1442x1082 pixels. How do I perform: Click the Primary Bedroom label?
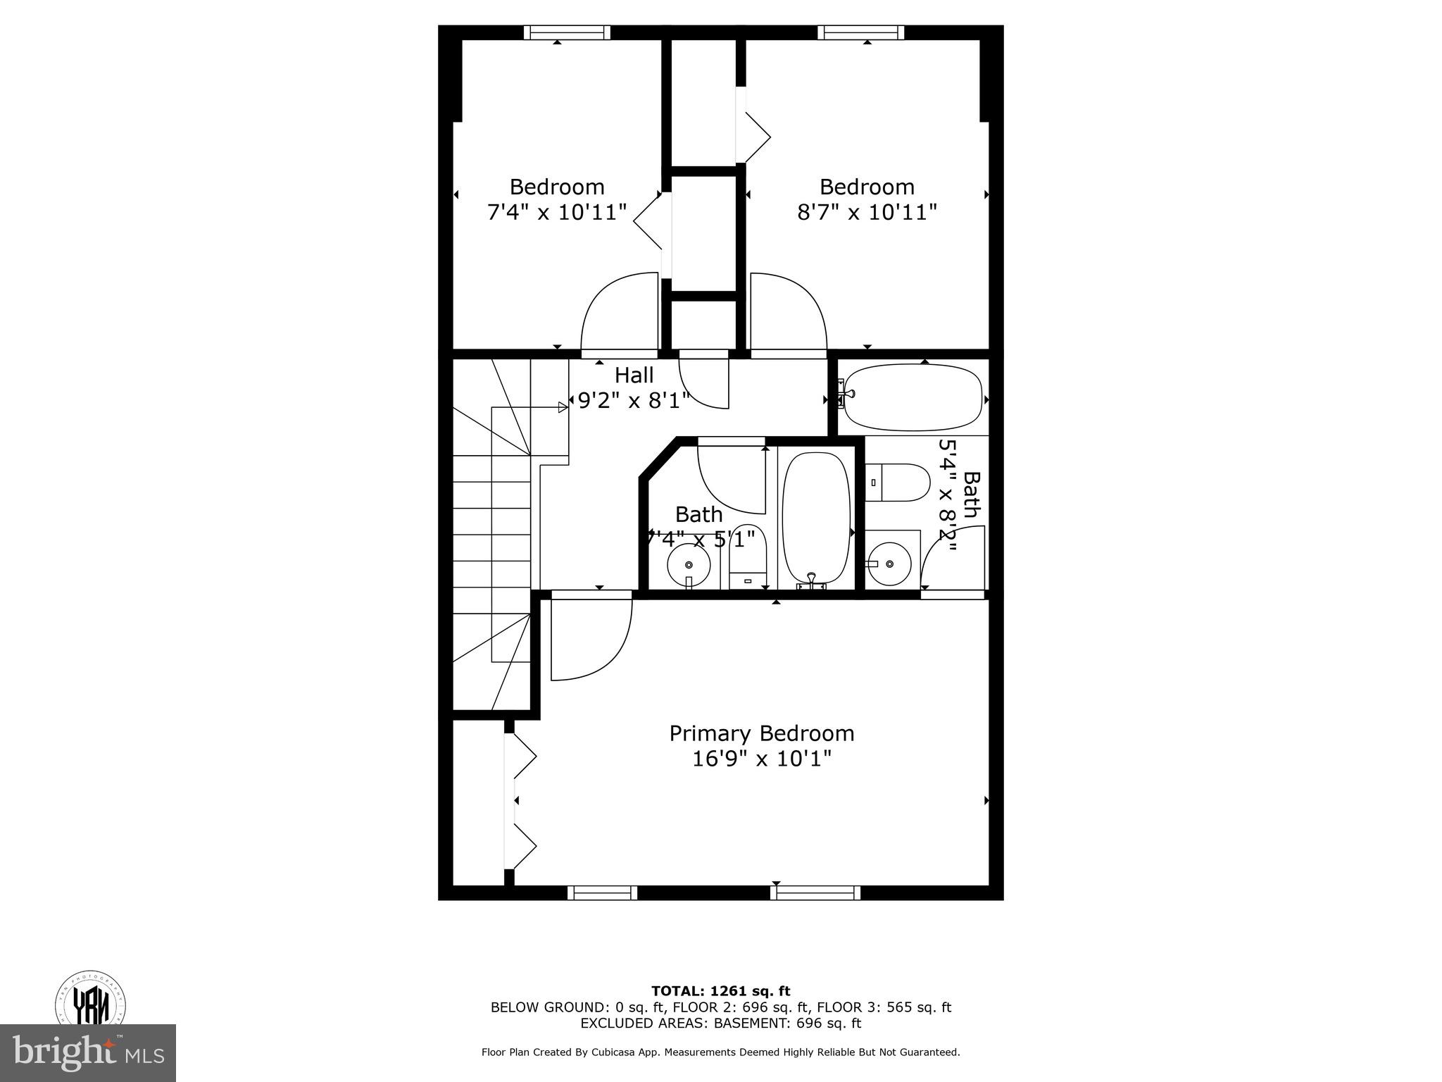point(761,733)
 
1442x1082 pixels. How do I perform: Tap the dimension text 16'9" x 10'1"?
point(761,759)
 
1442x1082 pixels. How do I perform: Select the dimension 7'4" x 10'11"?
point(557,212)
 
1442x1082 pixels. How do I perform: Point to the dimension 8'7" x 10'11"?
point(867,212)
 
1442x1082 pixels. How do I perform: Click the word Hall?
point(634,375)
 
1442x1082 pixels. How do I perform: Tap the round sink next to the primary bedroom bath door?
point(889,564)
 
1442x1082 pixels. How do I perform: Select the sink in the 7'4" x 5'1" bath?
point(688,565)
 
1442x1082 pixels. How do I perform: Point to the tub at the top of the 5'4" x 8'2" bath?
point(913,398)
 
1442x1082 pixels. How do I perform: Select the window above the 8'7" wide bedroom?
point(860,32)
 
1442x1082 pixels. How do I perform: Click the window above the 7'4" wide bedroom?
point(567,32)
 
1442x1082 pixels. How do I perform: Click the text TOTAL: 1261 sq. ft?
point(720,992)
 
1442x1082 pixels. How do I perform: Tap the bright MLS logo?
point(88,1052)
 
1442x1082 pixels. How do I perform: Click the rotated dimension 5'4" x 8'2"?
point(948,497)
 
